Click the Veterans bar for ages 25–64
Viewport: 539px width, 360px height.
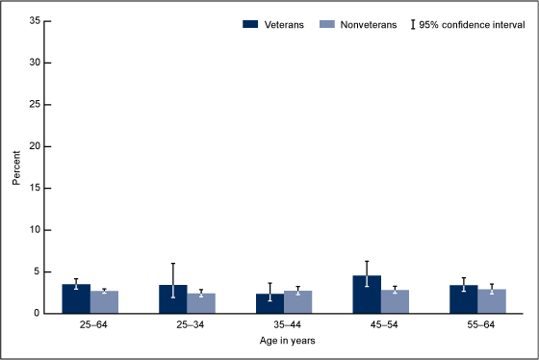[76, 299]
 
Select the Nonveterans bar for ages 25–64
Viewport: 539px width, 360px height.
[104, 302]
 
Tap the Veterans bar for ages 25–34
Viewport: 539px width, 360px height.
[173, 299]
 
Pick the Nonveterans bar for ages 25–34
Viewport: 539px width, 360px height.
[201, 303]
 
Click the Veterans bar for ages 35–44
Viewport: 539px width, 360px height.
[270, 304]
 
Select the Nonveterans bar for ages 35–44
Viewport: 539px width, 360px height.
[298, 302]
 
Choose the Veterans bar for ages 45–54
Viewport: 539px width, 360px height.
[367, 295]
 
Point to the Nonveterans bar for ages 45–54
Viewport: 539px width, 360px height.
[395, 302]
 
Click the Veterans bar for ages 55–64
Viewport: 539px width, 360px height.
[464, 299]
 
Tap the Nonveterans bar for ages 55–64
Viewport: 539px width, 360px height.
[492, 301]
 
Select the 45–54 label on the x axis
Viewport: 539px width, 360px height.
[381, 325]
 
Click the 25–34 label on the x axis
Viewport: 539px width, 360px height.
[187, 325]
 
